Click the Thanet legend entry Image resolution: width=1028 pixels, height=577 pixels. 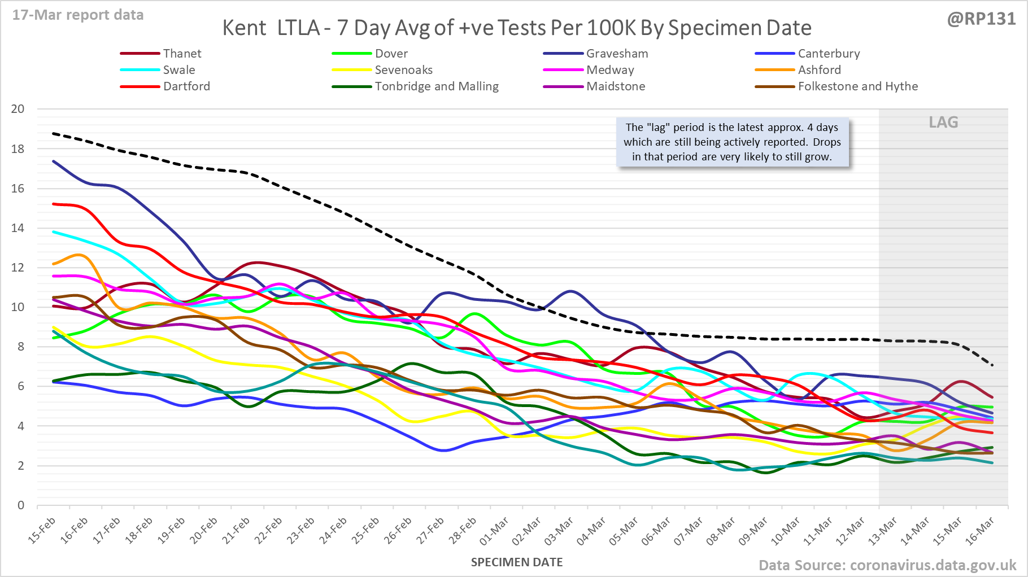point(182,54)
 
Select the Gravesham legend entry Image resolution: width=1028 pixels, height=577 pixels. point(617,54)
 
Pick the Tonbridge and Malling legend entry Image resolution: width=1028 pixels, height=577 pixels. point(437,86)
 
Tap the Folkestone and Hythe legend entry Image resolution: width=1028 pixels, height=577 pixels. point(857,86)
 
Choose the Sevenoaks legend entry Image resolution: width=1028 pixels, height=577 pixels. point(403,70)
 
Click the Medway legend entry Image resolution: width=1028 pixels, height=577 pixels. point(610,70)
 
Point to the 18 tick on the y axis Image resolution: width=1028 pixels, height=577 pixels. point(18,149)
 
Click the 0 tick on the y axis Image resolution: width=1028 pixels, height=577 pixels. point(21,505)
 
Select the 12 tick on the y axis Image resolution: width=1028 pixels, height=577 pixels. point(18,268)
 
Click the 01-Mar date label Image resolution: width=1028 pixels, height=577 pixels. point(495,531)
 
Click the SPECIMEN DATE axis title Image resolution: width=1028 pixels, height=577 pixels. point(517,562)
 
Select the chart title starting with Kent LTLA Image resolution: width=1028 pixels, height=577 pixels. point(516,28)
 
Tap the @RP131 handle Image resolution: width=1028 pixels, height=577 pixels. point(981,19)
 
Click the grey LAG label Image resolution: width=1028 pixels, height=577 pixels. point(943,123)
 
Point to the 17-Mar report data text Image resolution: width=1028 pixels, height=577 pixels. point(78,15)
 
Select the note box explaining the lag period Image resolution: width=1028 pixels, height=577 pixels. point(732,142)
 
